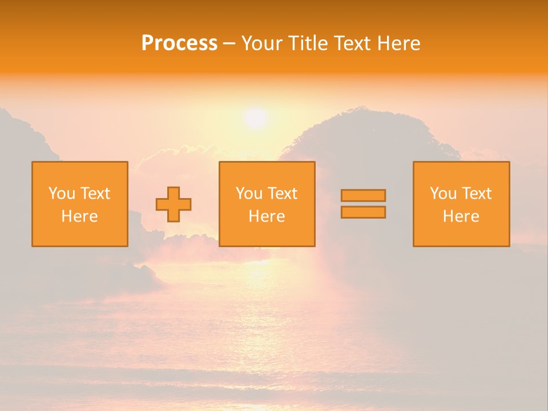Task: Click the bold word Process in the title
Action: [179, 43]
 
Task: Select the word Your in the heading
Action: [263, 43]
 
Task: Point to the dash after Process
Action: [229, 44]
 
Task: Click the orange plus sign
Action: [174, 204]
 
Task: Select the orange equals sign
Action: [363, 204]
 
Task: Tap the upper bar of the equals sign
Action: [363, 195]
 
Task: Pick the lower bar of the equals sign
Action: [363, 212]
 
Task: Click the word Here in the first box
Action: [79, 216]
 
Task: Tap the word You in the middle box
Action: [249, 194]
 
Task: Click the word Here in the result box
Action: [461, 216]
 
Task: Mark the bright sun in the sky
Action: [255, 118]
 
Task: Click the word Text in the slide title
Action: [349, 43]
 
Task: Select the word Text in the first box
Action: [96, 194]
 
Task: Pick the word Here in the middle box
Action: [267, 216]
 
